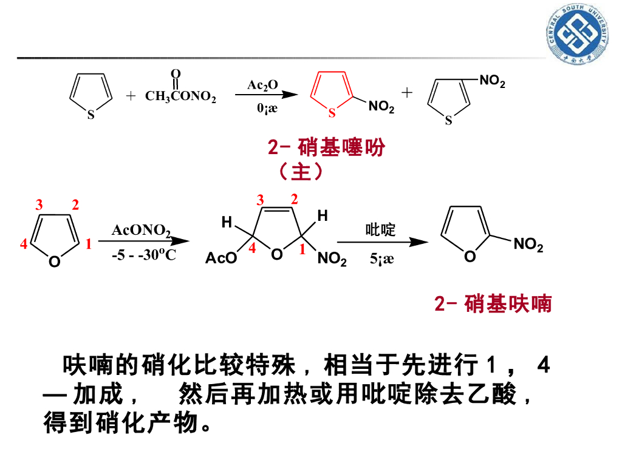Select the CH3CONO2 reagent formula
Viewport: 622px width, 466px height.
180,96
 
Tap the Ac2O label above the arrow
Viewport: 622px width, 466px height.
262,85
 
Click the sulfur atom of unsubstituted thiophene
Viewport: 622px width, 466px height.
91,115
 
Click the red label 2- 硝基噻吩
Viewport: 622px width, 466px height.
326,147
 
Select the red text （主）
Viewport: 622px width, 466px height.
301,172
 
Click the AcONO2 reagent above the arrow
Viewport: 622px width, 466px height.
141,231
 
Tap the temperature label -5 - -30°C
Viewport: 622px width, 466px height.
144,255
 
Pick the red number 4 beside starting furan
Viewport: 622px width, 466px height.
23,245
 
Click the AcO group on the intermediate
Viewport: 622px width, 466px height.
220,259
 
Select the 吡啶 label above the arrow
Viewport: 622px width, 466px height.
380,230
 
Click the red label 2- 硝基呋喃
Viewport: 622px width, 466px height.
493,303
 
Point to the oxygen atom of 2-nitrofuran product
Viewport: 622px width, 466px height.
470,257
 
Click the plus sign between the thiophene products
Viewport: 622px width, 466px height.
406,92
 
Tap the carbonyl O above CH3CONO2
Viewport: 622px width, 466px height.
176,74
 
